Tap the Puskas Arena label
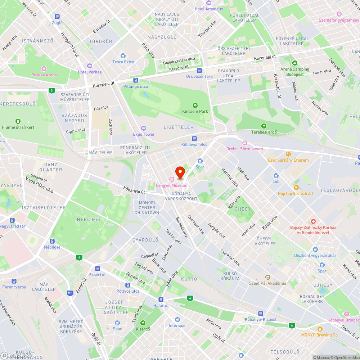pyautogui.click(x=44, y=75)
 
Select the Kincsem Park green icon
pyautogui.click(x=195, y=105)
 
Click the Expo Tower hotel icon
pyautogui.click(x=144, y=128)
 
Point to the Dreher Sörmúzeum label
pyautogui.click(x=244, y=149)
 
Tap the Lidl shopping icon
pyautogui.click(x=276, y=176)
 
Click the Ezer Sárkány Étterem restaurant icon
pyautogui.click(x=288, y=154)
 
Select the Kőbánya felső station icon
pyautogui.click(x=194, y=139)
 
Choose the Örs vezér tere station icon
pyautogui.click(x=199, y=70)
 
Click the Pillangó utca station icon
pyautogui.click(x=136, y=80)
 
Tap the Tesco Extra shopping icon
pyautogui.click(x=123, y=56)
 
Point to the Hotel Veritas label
pyautogui.click(x=90, y=72)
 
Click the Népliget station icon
pyautogui.click(x=53, y=241)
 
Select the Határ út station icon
pyautogui.click(x=161, y=300)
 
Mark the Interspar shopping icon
pyautogui.click(x=177, y=320)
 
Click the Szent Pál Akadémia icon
pyautogui.click(x=267, y=277)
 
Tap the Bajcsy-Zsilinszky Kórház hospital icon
pyautogui.click(x=313, y=221)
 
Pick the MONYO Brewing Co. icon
pyautogui.click(x=320, y=329)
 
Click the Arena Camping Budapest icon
pyautogui.click(x=295, y=63)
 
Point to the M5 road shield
pyautogui.click(x=69, y=293)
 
